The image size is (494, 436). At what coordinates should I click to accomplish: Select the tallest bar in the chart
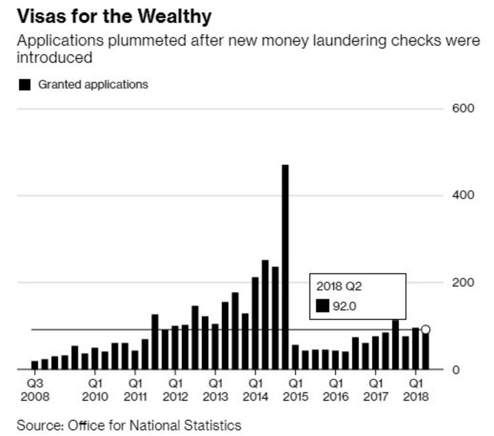tap(285, 267)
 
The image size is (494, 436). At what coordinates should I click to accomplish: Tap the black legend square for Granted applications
tap(25, 85)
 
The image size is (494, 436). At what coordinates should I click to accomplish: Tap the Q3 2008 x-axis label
tap(34, 390)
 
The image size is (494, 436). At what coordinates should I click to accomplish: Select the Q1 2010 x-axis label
tap(94, 390)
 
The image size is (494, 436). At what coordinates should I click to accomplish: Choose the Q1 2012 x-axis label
tap(174, 390)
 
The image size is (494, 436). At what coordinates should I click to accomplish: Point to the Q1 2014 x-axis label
tap(255, 390)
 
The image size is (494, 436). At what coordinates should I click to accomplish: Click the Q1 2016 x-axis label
tap(335, 390)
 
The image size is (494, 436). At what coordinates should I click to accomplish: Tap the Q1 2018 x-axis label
tap(416, 390)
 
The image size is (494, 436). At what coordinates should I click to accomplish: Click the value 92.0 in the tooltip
tap(345, 306)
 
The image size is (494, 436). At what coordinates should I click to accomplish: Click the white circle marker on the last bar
tap(425, 330)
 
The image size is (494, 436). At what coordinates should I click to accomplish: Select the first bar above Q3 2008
tap(34, 365)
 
